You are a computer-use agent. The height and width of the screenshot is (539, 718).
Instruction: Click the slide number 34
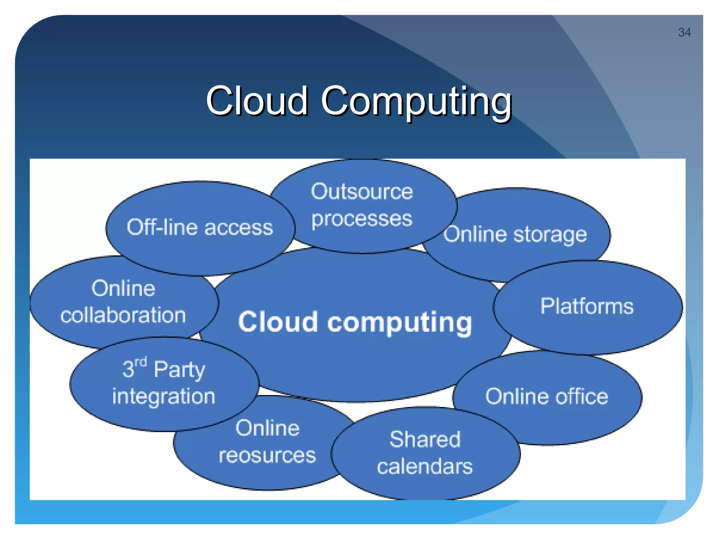[684, 32]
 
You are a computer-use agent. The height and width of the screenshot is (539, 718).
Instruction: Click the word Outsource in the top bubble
[362, 192]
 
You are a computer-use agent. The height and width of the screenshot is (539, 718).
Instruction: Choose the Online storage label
[515, 234]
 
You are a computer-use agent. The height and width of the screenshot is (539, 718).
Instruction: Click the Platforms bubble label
[587, 306]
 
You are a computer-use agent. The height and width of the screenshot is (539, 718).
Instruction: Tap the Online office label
[547, 397]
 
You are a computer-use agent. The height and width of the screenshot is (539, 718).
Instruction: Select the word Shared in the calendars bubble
[425, 439]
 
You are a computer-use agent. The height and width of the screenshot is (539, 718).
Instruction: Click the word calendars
[425, 467]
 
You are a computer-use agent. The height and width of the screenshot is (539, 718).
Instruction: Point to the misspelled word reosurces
[267, 455]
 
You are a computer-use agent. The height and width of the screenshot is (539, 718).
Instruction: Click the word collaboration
[123, 315]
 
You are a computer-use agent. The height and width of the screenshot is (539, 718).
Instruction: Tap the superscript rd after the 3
[141, 362]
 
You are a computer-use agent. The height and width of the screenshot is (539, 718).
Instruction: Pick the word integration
[164, 397]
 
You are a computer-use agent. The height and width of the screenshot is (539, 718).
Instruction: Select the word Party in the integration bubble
[179, 370]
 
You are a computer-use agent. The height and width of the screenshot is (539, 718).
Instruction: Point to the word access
[238, 228]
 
